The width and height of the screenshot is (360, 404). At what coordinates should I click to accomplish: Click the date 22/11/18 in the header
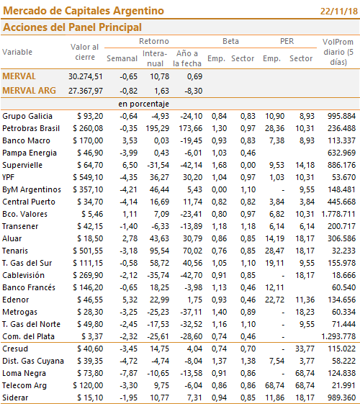pos(339,12)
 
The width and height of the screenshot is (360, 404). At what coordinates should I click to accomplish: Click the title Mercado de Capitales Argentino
pos(84,11)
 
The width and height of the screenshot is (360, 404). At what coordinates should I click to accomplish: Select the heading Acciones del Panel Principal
pos(72,27)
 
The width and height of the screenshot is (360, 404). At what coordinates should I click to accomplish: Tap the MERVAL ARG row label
pos(29,91)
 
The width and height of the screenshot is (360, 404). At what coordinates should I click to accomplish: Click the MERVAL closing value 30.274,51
pos(86,76)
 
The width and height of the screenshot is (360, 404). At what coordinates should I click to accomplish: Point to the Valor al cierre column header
pos(85,52)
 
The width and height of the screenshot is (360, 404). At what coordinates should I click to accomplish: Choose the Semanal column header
pos(122,58)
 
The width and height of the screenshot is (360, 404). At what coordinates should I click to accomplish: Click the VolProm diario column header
pos(338,52)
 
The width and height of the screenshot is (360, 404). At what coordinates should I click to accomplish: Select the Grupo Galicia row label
pos(27,116)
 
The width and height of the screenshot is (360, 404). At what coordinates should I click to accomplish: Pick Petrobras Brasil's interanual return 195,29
pos(158,128)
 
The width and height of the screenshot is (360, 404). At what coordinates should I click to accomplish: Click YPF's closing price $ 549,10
pos(88,177)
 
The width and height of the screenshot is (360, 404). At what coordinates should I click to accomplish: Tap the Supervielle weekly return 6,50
pos(130,165)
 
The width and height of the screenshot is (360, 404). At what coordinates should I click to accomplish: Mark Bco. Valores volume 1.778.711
pos(338,214)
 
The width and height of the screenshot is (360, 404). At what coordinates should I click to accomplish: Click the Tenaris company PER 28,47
pos(275,251)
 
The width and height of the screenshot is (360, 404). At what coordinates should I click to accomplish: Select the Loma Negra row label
pos(24,373)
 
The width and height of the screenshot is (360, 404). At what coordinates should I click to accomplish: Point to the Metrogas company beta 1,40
pos(219,312)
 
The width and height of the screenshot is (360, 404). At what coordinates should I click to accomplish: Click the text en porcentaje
pos(144,104)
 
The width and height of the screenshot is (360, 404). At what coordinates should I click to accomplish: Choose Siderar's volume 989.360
pos(341,398)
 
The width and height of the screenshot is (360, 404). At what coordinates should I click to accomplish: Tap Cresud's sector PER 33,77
pos(305,349)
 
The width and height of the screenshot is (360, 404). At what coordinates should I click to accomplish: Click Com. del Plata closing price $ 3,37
pos(92,336)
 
